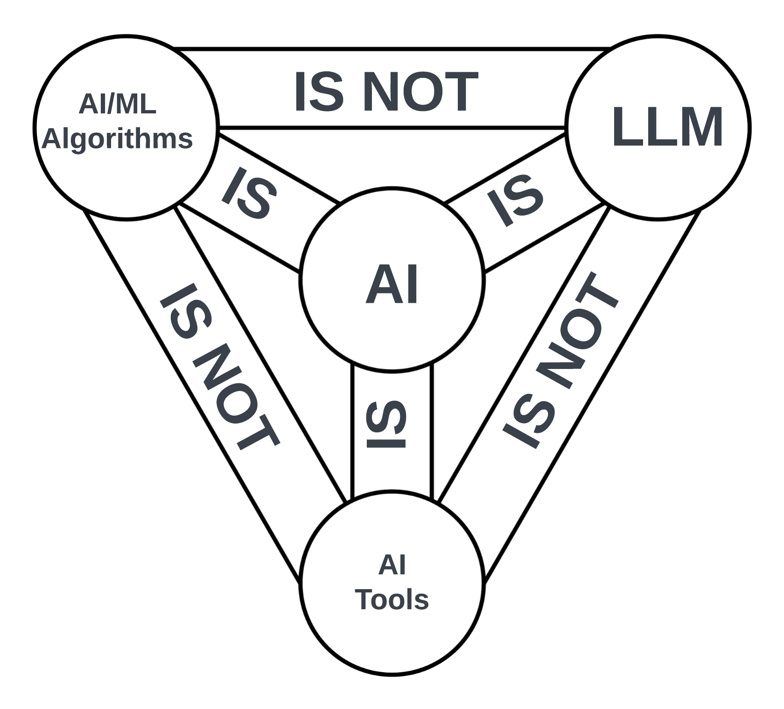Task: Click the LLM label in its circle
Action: click(x=667, y=127)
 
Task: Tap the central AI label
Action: click(x=392, y=284)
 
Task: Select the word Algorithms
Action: click(x=117, y=139)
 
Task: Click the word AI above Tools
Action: click(x=392, y=565)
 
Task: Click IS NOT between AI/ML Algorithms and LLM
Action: click(x=386, y=92)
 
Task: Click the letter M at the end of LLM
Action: click(x=700, y=127)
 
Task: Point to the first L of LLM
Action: click(x=626, y=127)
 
